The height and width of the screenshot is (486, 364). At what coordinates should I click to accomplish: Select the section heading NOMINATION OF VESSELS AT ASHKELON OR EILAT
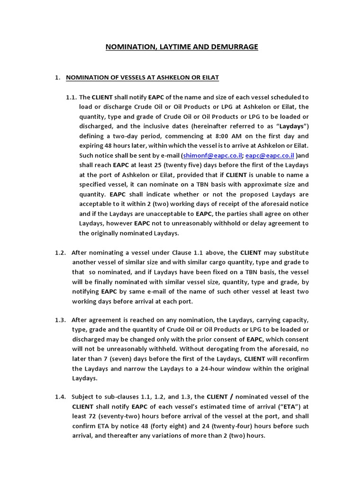tap(142, 77)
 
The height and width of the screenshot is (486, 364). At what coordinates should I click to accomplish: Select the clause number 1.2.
tap(60, 252)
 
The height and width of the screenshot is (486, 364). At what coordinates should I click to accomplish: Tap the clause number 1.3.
tap(60, 320)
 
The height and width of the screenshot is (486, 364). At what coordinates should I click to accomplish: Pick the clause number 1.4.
tap(60, 397)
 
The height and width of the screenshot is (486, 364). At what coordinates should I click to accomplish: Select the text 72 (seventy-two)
tap(108, 416)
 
